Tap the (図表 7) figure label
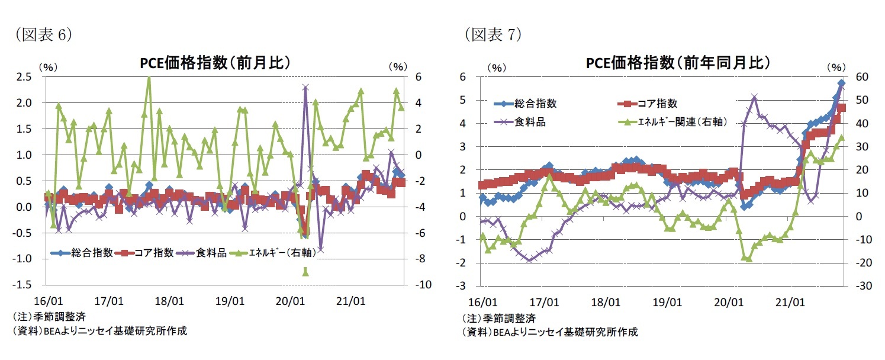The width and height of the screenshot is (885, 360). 492,35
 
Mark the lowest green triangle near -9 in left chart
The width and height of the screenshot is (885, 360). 305,272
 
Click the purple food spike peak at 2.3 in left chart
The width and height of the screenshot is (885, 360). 305,87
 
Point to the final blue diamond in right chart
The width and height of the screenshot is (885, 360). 841,83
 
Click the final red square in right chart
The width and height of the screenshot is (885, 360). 841,108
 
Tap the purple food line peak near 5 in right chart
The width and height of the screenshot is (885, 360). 754,97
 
